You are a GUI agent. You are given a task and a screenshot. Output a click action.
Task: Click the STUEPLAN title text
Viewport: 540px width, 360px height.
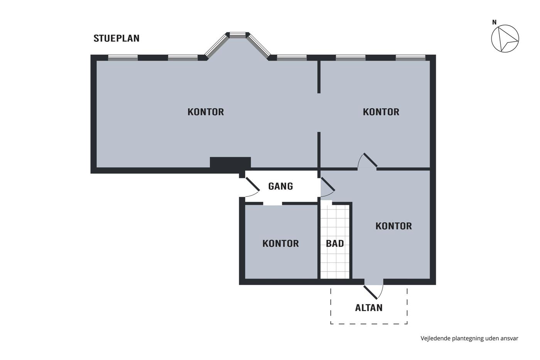116,38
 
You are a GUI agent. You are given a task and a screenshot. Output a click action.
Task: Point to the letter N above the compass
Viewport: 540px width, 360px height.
494,22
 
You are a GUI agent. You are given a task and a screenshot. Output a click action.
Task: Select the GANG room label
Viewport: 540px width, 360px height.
281,186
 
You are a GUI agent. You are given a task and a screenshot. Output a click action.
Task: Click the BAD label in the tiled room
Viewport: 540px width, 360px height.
335,243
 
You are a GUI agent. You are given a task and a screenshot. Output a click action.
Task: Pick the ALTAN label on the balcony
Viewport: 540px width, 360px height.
369,308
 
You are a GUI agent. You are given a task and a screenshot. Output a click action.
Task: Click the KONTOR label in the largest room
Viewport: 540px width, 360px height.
206,112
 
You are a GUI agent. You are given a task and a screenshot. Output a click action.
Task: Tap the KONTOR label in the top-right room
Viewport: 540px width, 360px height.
381,112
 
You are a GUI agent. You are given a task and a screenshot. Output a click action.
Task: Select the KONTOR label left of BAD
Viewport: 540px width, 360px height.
281,243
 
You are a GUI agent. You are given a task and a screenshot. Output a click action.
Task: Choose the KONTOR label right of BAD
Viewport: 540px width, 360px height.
394,226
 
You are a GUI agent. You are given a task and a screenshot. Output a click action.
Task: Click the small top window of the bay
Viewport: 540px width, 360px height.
238,35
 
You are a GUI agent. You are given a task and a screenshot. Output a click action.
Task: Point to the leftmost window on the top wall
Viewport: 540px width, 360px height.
123,57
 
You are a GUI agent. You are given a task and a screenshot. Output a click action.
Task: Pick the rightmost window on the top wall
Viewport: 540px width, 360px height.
410,57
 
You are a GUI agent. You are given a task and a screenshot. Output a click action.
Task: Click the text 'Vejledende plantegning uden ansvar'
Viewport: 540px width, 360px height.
469,338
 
